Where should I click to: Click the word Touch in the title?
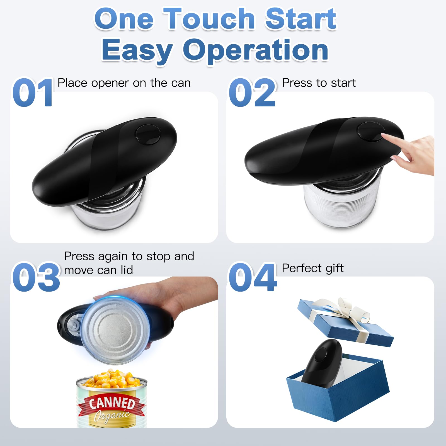[209, 19]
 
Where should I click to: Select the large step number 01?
[33, 93]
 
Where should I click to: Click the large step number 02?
[252, 93]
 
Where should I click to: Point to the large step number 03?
[36, 278]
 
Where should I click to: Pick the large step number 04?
[253, 278]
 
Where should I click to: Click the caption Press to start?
[319, 83]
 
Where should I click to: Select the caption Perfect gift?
[312, 268]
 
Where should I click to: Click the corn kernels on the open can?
[111, 379]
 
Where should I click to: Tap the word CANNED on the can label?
[112, 403]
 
